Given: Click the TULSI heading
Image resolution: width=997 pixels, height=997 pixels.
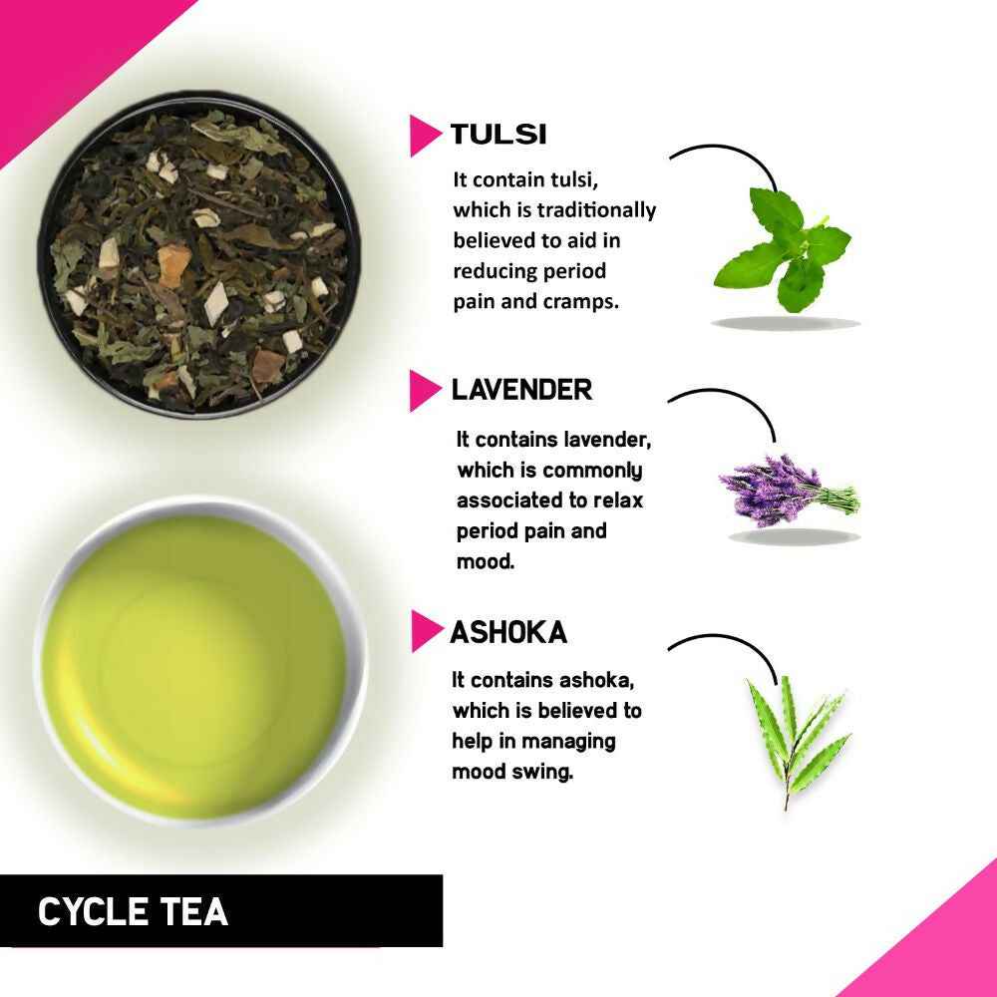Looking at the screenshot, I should coord(498,135).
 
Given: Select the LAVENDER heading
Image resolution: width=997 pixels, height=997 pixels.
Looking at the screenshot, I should coord(521,390).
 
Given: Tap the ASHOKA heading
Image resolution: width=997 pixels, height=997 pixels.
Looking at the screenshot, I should coord(508,632).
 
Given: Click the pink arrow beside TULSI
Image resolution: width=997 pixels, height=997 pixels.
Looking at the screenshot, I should coord(424,136).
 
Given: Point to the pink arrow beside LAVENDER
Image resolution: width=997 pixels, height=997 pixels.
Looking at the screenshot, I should coord(424,391).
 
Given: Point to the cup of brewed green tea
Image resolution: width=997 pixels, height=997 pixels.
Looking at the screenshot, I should coord(200,663).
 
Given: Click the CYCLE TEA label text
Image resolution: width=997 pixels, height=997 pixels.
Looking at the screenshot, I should coord(133,911).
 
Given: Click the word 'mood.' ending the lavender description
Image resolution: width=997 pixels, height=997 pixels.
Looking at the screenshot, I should coord(486,561).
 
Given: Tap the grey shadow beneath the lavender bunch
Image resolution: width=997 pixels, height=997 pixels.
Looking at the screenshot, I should coord(793,536).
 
